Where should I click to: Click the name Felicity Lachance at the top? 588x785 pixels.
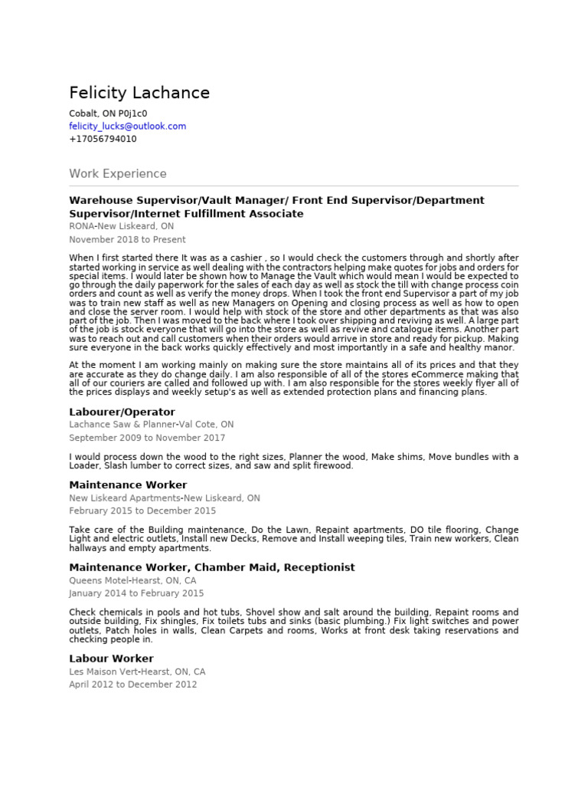[x=139, y=94]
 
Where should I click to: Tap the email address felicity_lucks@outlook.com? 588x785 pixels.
[x=127, y=126]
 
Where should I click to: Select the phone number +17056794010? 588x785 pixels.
[x=103, y=140]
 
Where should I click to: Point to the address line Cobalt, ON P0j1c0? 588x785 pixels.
[x=108, y=113]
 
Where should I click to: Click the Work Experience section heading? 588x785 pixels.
[x=117, y=174]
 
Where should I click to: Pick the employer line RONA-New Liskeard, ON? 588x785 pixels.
[x=121, y=227]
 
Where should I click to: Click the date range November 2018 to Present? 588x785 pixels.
[x=127, y=240]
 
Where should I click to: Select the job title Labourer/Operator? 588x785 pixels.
[x=122, y=412]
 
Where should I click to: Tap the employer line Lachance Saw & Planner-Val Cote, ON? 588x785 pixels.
[x=151, y=425]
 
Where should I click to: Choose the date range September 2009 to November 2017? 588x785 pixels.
[x=147, y=438]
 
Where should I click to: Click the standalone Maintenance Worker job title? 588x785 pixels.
[x=128, y=485]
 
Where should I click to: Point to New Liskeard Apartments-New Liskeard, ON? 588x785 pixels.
[x=164, y=498]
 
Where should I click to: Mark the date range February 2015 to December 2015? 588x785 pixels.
[x=142, y=511]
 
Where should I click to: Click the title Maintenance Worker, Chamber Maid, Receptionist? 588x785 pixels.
[x=211, y=568]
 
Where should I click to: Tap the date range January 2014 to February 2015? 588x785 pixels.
[x=136, y=593]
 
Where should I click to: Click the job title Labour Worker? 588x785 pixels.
[x=111, y=659]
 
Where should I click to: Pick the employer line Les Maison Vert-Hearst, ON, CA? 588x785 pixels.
[x=137, y=672]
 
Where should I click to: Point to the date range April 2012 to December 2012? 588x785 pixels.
[x=132, y=685]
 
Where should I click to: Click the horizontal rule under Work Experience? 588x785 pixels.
[x=293, y=186]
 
